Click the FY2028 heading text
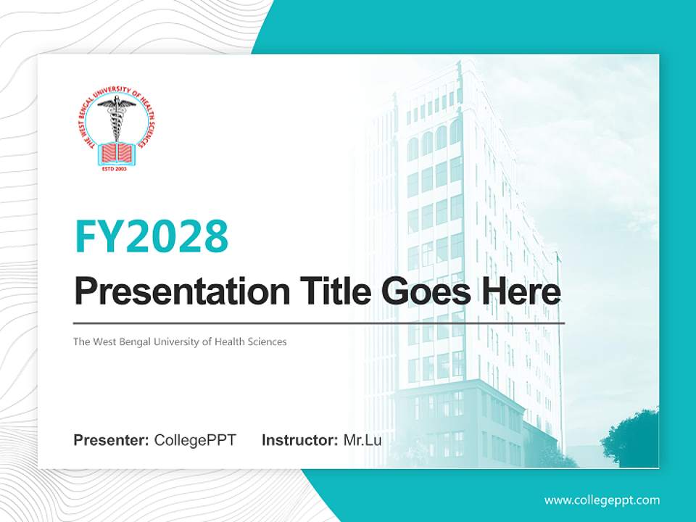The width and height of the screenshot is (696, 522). pyautogui.click(x=152, y=236)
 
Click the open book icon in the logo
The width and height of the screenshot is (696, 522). pyautogui.click(x=116, y=152)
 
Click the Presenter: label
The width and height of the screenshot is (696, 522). pyautogui.click(x=112, y=440)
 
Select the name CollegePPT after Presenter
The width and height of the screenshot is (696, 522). pyautogui.click(x=195, y=440)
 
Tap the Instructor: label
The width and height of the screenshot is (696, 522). pyautogui.click(x=299, y=440)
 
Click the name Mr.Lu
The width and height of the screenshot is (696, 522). pyautogui.click(x=362, y=440)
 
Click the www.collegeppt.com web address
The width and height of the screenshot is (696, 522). pyautogui.click(x=602, y=500)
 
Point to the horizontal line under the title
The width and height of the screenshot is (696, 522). pyautogui.click(x=319, y=323)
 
